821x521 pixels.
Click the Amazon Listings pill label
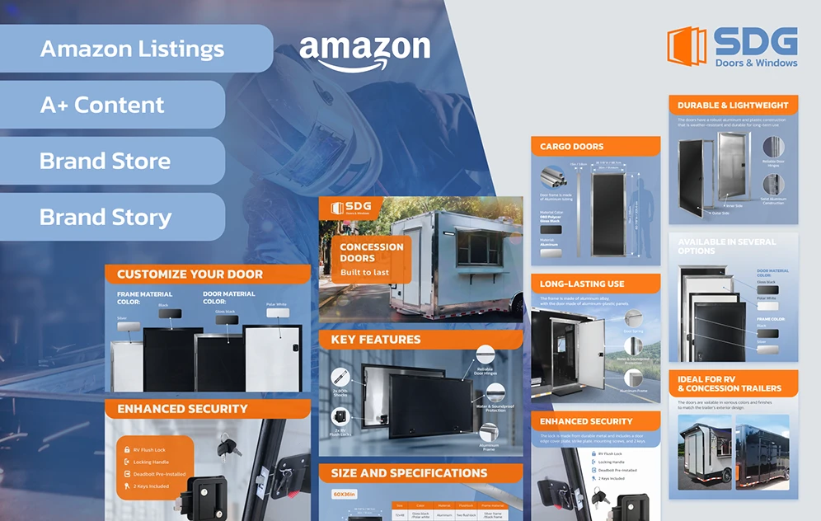tap(132, 49)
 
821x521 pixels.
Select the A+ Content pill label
tap(102, 105)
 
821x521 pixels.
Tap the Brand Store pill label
tap(106, 161)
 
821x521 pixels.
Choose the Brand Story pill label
tap(106, 217)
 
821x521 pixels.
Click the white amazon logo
tap(364, 52)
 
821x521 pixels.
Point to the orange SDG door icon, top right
tap(686, 47)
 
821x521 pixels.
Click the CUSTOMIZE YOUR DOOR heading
tap(190, 275)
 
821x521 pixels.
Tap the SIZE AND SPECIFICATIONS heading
tap(409, 473)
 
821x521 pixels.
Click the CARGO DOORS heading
tap(572, 147)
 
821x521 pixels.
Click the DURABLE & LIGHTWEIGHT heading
tap(733, 106)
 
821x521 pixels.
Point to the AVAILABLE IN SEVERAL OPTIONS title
tap(726, 246)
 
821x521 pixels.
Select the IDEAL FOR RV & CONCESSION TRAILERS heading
tap(730, 383)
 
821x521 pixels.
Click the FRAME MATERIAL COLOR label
tap(145, 298)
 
